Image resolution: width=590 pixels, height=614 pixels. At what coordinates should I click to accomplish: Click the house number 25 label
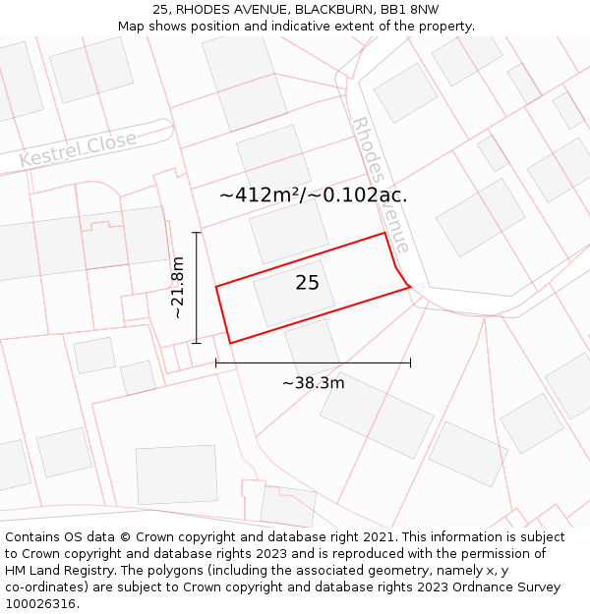[307, 283]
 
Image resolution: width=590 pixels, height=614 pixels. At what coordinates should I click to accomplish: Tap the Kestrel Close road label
[79, 149]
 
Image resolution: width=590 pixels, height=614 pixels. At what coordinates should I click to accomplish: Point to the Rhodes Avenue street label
[381, 186]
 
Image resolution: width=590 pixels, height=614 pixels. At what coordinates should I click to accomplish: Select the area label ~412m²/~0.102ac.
[313, 195]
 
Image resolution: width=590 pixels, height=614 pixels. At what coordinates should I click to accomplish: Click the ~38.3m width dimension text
[313, 383]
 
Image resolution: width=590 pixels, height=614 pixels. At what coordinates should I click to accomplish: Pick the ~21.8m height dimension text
[177, 288]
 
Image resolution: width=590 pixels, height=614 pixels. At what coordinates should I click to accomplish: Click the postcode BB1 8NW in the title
[413, 10]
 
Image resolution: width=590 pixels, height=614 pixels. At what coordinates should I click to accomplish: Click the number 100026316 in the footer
[40, 604]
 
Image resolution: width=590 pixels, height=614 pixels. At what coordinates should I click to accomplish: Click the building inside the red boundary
[294, 293]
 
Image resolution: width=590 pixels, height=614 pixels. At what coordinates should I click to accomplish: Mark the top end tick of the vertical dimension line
[197, 233]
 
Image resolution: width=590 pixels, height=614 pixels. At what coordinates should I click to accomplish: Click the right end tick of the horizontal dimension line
[410, 363]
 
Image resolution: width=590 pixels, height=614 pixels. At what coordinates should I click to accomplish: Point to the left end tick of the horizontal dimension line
[216, 363]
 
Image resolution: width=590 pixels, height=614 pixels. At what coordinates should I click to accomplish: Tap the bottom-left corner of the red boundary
[230, 343]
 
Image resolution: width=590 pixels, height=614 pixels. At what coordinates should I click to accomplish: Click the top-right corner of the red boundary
[383, 233]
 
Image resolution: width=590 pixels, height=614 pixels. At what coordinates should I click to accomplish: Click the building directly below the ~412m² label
[288, 232]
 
